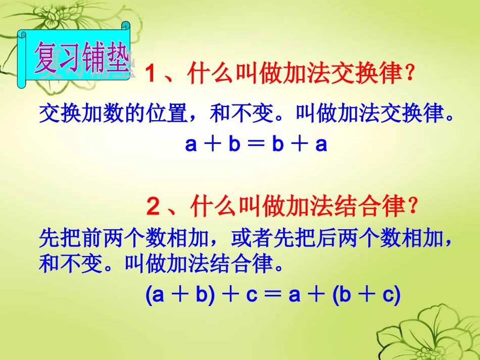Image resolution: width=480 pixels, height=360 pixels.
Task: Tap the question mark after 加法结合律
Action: pyautogui.click(x=413, y=206)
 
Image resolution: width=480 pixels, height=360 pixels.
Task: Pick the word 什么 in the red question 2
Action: pyautogui.click(x=212, y=206)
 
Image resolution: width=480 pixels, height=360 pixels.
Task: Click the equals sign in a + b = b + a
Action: pyautogui.click(x=256, y=145)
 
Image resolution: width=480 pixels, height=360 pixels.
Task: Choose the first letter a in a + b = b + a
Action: pyautogui.click(x=191, y=145)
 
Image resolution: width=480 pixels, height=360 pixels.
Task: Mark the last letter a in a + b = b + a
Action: pyautogui.click(x=321, y=145)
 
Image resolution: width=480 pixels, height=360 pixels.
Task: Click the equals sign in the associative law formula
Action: pyautogui.click(x=273, y=295)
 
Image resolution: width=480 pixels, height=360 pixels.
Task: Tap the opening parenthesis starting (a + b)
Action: pyautogui.click(x=149, y=295)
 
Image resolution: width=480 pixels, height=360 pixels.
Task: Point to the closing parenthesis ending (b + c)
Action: pyautogui.click(x=397, y=295)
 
